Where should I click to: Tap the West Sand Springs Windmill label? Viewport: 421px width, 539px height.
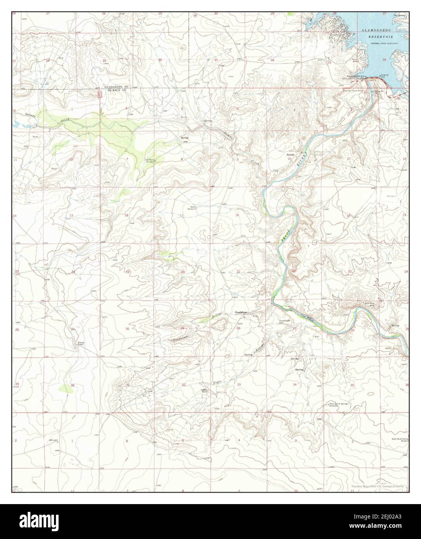tap(339, 404)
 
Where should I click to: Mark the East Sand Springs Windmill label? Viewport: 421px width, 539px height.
tap(400, 440)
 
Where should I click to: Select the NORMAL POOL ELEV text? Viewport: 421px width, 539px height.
tap(384, 44)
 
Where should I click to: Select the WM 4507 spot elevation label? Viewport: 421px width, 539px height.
tap(53, 440)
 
